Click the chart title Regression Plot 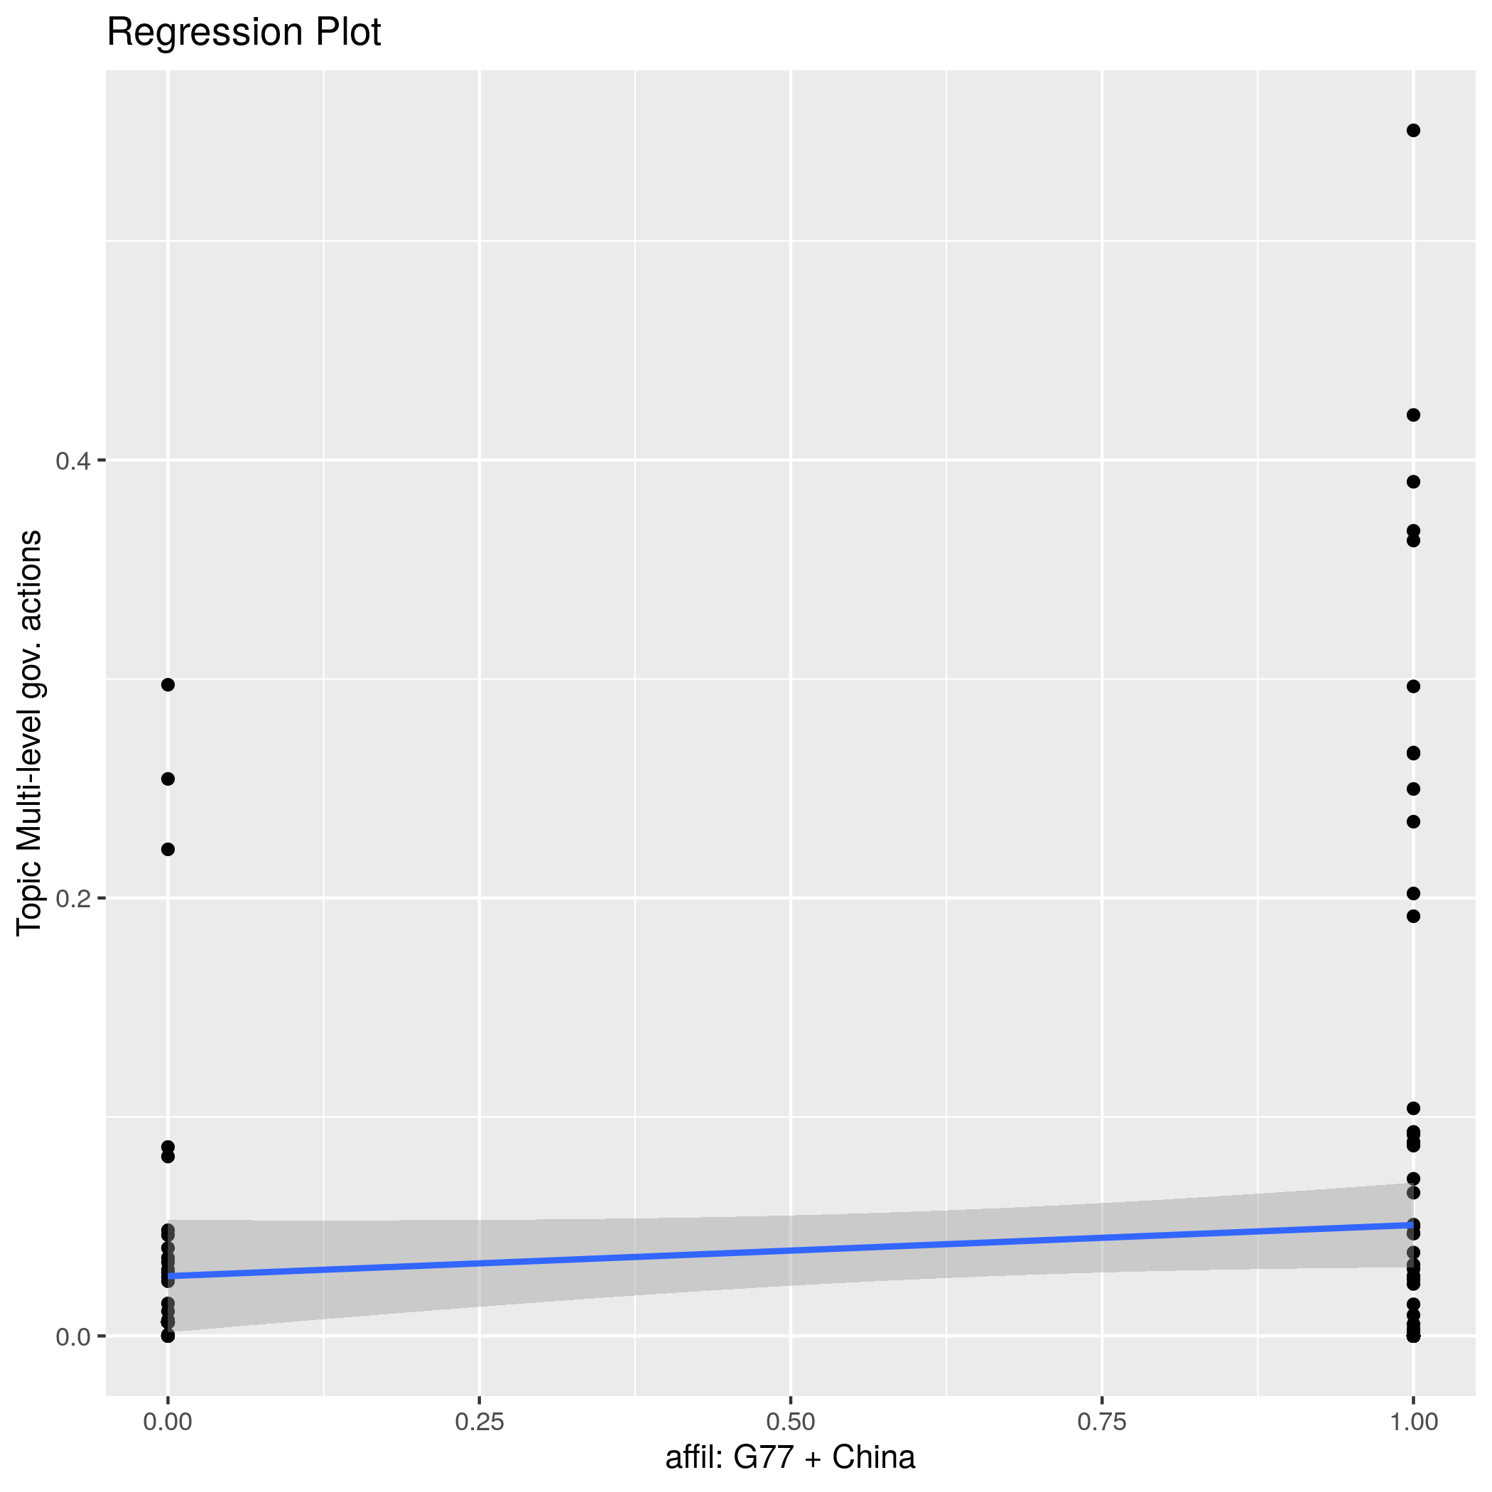tap(243, 33)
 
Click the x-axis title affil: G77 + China tap(790, 1457)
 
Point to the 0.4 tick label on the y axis tap(72, 461)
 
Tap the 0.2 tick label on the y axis tap(72, 899)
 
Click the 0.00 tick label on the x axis tap(168, 1422)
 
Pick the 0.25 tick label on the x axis tap(479, 1422)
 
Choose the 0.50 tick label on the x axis tap(790, 1422)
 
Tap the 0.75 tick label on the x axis tap(1101, 1422)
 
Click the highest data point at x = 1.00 tap(1413, 131)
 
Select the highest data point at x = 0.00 tap(168, 685)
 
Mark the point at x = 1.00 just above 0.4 tap(1413, 416)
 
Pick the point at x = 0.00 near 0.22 tap(168, 850)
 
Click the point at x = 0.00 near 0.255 tap(168, 779)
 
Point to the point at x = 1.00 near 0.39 tap(1413, 482)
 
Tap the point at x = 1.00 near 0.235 tap(1413, 822)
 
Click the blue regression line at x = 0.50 tap(790, 1250)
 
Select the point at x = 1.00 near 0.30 tap(1413, 686)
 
